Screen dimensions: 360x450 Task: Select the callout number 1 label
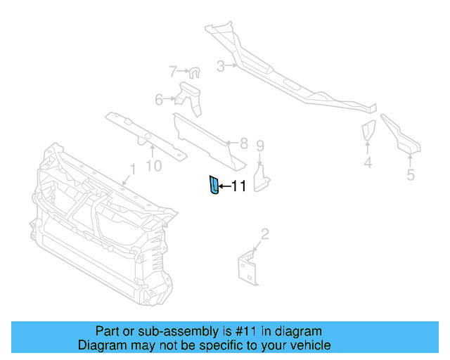tap(131, 169)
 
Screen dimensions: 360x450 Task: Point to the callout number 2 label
tap(264, 233)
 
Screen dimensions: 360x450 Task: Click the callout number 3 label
tap(220, 67)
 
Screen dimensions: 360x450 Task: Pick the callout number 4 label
tap(368, 164)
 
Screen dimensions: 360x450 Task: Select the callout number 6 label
tap(159, 99)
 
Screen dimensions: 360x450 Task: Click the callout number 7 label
tap(173, 70)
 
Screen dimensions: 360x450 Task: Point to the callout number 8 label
tap(243, 144)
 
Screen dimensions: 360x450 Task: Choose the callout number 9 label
tap(260, 146)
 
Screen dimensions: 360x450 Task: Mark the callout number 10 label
tap(153, 165)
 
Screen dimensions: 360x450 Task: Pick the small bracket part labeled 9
tap(262, 176)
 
